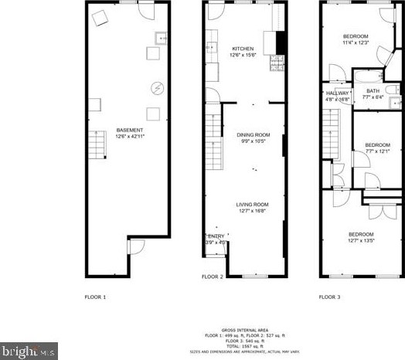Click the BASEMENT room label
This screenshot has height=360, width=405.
tap(128, 130)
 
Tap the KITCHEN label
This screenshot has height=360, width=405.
tap(242, 49)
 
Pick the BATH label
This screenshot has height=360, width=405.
tap(373, 90)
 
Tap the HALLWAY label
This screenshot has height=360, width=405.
tap(337, 93)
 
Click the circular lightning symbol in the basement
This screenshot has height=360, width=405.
tap(158, 88)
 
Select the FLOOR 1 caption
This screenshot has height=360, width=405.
tap(95, 297)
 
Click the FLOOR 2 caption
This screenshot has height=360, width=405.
tap(213, 277)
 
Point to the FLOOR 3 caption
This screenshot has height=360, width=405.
tap(330, 297)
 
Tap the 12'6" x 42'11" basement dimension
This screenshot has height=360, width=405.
tap(128, 137)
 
